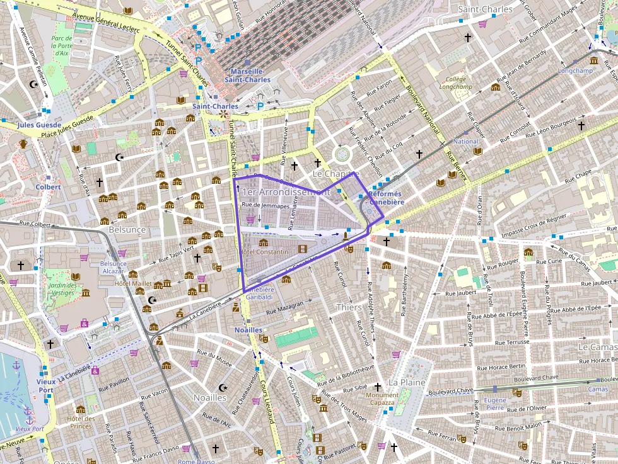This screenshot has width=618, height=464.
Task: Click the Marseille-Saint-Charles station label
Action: pos(250,76)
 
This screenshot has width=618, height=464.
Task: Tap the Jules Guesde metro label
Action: pos(21,125)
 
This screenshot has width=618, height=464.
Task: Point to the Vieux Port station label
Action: pos(45,385)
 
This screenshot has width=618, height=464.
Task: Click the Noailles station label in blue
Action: pos(248,330)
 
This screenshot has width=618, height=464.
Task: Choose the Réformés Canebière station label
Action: pos(387,198)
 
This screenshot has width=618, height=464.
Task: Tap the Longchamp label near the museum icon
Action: pos(575,71)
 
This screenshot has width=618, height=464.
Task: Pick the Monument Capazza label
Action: pos(383,399)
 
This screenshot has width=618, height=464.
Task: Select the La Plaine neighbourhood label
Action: pos(407,382)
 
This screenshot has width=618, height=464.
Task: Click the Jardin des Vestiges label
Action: pos(62,289)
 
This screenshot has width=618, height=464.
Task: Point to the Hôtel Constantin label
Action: pos(265,252)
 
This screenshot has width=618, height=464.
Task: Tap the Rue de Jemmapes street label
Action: pos(265,205)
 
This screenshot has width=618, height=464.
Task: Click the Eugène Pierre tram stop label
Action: pos(495,404)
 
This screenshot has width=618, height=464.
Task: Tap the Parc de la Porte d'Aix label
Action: pos(62,45)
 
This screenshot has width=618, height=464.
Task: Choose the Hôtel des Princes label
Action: pos(81,422)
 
